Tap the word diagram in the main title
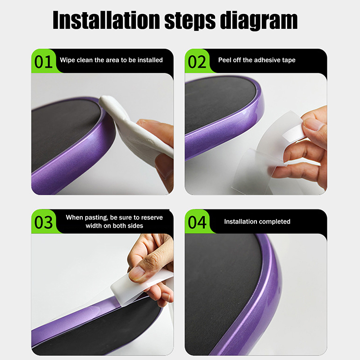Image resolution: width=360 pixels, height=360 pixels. coord(259,21)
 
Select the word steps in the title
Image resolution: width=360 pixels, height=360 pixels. coord(190,21)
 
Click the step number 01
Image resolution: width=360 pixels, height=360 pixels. coord(43,62)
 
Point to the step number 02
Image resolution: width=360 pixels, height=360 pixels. coord(197,62)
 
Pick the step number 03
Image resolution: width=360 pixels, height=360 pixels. coord(43,222)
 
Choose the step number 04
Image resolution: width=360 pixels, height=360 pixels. coord(197,222)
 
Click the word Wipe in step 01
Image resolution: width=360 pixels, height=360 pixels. coord(67,60)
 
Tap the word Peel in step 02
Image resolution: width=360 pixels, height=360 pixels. coord(225,60)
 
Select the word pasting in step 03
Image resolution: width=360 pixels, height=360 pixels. coord(97,218)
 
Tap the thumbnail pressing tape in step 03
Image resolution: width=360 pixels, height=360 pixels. coord(137,273)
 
